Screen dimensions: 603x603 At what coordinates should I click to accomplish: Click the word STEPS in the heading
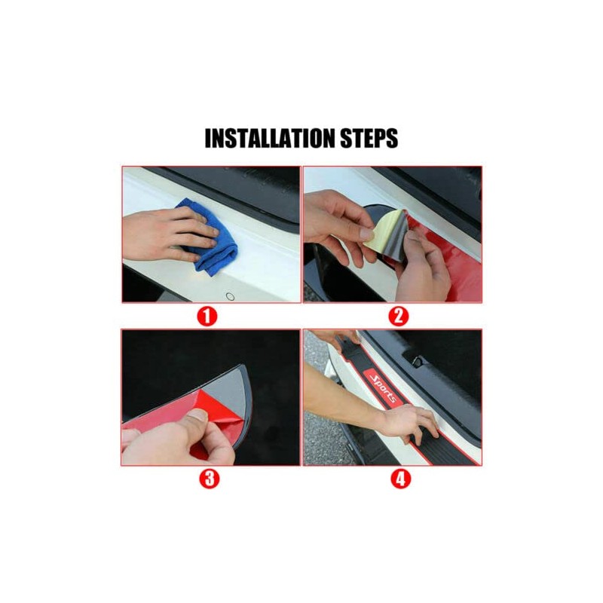pyautogui.click(x=369, y=138)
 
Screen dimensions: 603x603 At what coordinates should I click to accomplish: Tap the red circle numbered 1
pyautogui.click(x=207, y=317)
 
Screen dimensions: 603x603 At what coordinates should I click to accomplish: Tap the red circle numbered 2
pyautogui.click(x=399, y=316)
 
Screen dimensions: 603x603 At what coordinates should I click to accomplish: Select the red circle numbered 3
pyautogui.click(x=210, y=479)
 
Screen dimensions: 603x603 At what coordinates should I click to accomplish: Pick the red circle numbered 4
pyautogui.click(x=400, y=479)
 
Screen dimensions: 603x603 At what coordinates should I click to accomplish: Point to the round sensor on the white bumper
pyautogui.click(x=230, y=296)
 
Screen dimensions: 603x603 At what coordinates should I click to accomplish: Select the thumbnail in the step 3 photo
pyautogui.click(x=198, y=415)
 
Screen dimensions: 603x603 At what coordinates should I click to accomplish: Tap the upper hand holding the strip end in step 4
pyautogui.click(x=338, y=338)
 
